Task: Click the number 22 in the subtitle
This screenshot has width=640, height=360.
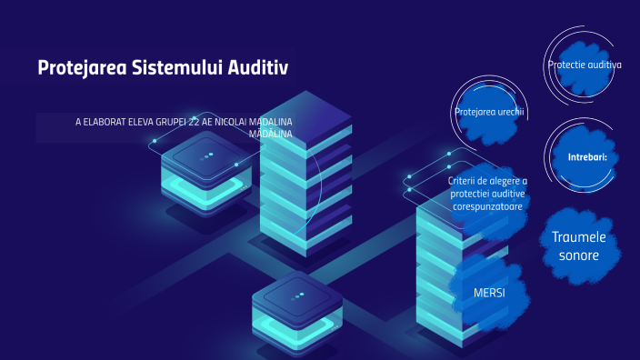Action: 194,122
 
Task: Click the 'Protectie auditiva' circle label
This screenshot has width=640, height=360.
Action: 585,65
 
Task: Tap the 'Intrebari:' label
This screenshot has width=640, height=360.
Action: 587,156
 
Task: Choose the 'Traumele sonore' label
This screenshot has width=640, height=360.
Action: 578,246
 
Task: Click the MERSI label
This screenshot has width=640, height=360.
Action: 489,294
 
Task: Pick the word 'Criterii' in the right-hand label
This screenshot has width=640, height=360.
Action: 465,181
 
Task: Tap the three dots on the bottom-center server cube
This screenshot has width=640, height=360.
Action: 296,296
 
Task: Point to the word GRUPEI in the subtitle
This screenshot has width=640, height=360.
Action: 169,122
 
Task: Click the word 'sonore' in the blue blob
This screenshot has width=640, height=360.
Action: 578,255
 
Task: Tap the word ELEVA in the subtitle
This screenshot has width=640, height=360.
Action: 139,122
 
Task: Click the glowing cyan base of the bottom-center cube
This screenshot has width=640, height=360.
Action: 296,335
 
